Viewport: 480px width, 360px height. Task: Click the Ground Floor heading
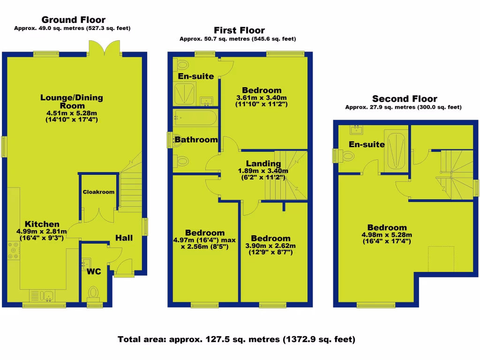74,20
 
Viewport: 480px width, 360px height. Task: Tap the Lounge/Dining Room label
71,102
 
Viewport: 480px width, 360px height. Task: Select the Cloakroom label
98,192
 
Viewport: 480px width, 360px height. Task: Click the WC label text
94,271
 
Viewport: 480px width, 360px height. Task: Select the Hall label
124,238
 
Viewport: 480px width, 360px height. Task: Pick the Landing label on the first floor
263,164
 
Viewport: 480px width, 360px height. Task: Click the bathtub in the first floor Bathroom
195,118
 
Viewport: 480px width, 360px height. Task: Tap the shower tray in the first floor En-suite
183,95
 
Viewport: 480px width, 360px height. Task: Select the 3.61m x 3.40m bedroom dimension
262,97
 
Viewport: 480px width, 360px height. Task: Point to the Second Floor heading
404,98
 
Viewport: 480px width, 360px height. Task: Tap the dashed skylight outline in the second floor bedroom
441,258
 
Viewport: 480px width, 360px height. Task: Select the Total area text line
236,339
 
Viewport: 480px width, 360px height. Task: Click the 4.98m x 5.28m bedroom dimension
386,235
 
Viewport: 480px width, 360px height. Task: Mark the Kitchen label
42,224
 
